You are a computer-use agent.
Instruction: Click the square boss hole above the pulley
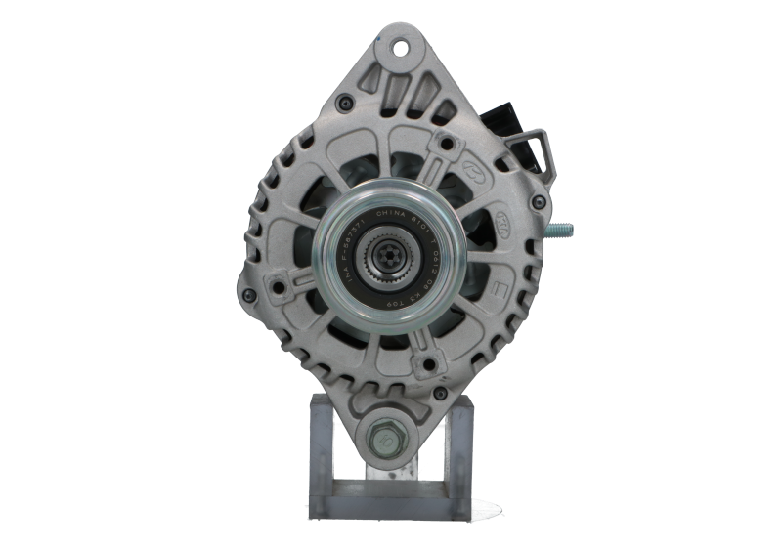446,145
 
